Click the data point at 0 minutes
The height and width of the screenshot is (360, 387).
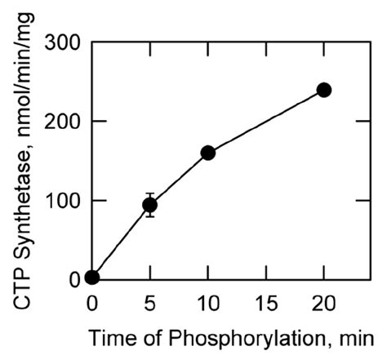click(92, 278)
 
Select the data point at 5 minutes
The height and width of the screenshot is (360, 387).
click(149, 205)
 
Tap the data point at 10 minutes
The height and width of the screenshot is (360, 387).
click(207, 153)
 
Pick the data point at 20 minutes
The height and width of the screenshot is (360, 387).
click(324, 90)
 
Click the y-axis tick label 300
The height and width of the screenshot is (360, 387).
click(62, 42)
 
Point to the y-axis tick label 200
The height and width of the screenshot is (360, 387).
click(62, 121)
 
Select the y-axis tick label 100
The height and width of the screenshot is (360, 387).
click(62, 200)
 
